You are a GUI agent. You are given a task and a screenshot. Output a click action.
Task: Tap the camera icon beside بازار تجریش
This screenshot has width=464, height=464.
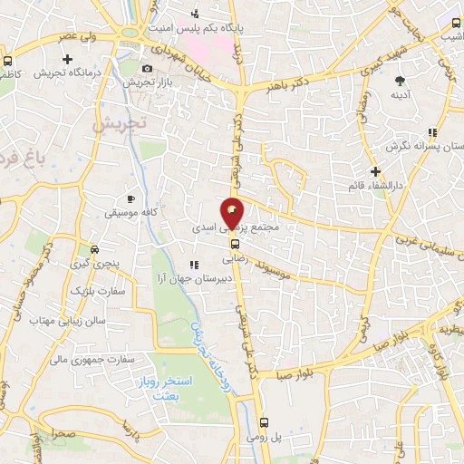[148, 68]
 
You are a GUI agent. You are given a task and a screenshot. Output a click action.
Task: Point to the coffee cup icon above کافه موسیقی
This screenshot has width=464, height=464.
[131, 198]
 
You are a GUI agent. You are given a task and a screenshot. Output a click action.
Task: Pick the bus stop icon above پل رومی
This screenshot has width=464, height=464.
[264, 422]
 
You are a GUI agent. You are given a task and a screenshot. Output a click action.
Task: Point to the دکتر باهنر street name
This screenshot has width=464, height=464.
[289, 84]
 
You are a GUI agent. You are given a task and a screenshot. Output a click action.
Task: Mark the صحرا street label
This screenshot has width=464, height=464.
[63, 434]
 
